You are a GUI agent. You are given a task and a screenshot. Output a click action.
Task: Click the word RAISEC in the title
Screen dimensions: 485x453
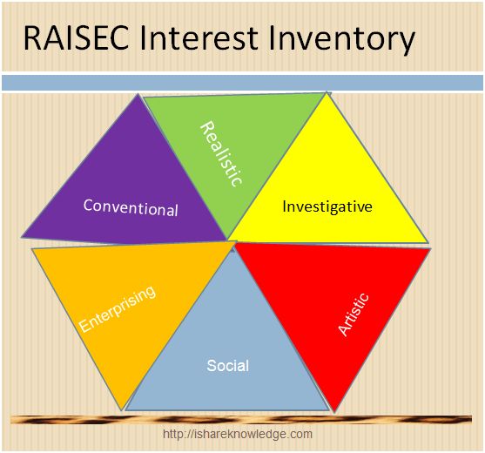[76, 38]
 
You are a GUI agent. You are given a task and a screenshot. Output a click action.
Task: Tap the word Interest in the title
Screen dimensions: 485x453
[199, 38]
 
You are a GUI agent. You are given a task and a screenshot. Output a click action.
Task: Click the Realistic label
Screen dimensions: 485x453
[221, 154]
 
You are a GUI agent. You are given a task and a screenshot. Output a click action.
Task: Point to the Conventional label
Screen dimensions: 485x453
[131, 208]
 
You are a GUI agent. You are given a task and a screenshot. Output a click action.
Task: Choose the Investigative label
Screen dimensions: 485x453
[327, 207]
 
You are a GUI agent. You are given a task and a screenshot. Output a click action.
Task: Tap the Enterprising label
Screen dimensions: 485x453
[118, 308]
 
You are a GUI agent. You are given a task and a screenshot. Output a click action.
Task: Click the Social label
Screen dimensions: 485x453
[227, 366]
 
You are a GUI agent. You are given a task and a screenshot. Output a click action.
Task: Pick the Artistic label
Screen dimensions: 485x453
[354, 314]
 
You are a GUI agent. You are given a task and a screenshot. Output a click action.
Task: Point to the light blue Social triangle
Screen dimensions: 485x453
[227, 355]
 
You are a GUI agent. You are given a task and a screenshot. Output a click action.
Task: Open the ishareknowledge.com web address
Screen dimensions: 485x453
[238, 434]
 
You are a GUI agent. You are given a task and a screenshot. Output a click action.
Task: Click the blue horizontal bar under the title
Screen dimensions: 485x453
[242, 83]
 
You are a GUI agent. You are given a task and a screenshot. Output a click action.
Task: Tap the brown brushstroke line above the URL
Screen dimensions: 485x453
[241, 420]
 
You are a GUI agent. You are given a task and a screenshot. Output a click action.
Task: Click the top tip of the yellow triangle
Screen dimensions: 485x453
[326, 92]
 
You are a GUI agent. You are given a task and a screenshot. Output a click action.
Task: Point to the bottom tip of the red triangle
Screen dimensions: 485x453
[334, 412]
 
